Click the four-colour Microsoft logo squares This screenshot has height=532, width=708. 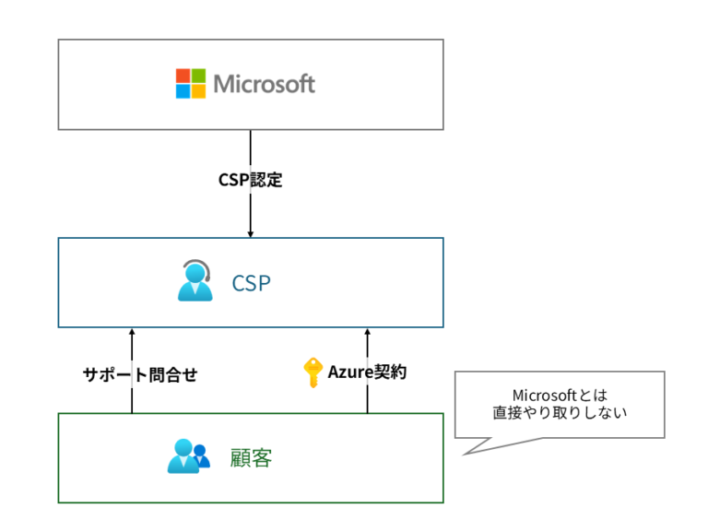[x=191, y=84]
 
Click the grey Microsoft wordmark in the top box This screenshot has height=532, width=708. [x=264, y=84]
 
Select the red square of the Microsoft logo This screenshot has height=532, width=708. [x=183, y=77]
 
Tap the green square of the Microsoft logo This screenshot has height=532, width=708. [x=198, y=77]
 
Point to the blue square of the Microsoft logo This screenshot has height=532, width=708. [x=183, y=91]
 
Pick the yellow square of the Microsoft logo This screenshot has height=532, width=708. [x=198, y=91]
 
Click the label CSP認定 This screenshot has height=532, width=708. [x=250, y=180]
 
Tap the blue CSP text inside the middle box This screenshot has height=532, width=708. [x=251, y=283]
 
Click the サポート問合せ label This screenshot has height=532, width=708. [x=140, y=374]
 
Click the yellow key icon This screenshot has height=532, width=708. [x=313, y=372]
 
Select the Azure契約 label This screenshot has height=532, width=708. [x=367, y=372]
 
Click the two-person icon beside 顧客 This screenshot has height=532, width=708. [x=189, y=456]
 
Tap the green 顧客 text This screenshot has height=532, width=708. [x=251, y=457]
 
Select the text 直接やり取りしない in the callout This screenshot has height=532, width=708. [x=560, y=414]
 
